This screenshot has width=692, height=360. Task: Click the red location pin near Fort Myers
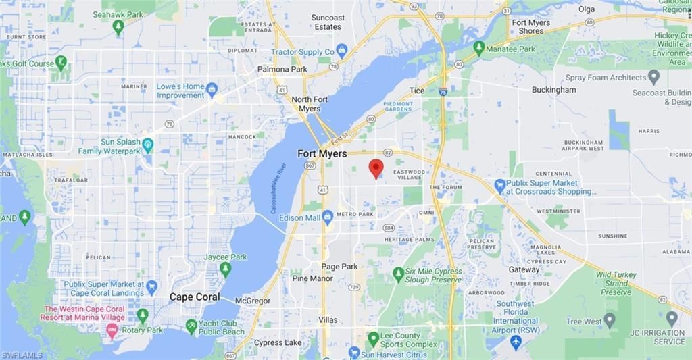pyautogui.click(x=376, y=168)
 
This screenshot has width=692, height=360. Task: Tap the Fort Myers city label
pyautogui.click(x=322, y=154)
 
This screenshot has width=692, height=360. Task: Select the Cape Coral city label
pyautogui.click(x=195, y=297)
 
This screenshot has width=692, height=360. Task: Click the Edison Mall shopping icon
pyautogui.click(x=328, y=217)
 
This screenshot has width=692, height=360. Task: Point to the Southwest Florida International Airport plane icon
pyautogui.click(x=516, y=342)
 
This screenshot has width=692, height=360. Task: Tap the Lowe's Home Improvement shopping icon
pyautogui.click(x=212, y=90)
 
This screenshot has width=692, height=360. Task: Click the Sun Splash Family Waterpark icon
pyautogui.click(x=148, y=146)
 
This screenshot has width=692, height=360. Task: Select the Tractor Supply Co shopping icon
pyautogui.click(x=342, y=51)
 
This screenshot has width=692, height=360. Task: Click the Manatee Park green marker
pyautogui.click(x=479, y=49)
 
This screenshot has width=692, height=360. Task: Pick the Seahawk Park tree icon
pyautogui.click(x=118, y=28)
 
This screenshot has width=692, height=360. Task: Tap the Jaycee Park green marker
pyautogui.click(x=225, y=269)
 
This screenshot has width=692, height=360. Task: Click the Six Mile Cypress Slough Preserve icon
pyautogui.click(x=398, y=275)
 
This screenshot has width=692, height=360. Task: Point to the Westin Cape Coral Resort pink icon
pyautogui.click(x=112, y=330)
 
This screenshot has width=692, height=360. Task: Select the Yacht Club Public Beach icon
pyautogui.click(x=192, y=327)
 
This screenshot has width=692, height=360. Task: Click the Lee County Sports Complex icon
pyautogui.click(x=373, y=338)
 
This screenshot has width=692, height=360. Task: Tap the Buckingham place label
pyautogui.click(x=553, y=90)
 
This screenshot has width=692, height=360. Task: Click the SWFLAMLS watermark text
pyautogui.click(x=22, y=355)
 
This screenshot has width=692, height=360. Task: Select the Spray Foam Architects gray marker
pyautogui.click(x=653, y=77)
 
